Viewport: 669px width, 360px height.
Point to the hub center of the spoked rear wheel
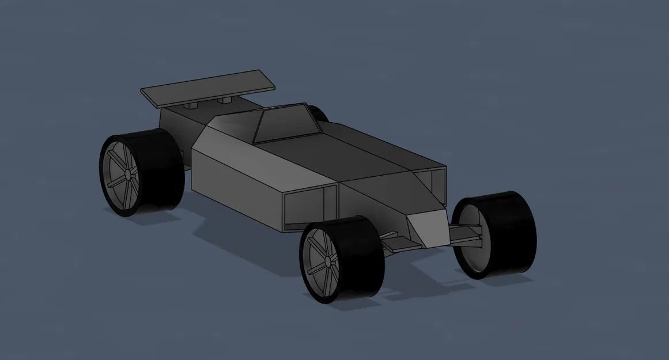[126, 174]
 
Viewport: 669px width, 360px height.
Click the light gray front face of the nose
[428, 228]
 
